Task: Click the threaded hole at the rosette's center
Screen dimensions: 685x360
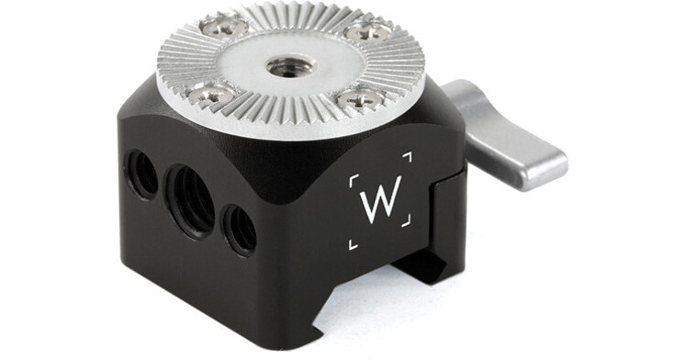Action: (290, 67)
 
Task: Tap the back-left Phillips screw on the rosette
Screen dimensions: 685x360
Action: (224, 26)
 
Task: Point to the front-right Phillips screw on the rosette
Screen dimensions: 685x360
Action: (361, 100)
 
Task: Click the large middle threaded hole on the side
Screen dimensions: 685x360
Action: (190, 201)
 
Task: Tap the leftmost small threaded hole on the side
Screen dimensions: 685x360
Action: (142, 174)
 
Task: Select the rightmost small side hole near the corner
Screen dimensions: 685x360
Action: (240, 230)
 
